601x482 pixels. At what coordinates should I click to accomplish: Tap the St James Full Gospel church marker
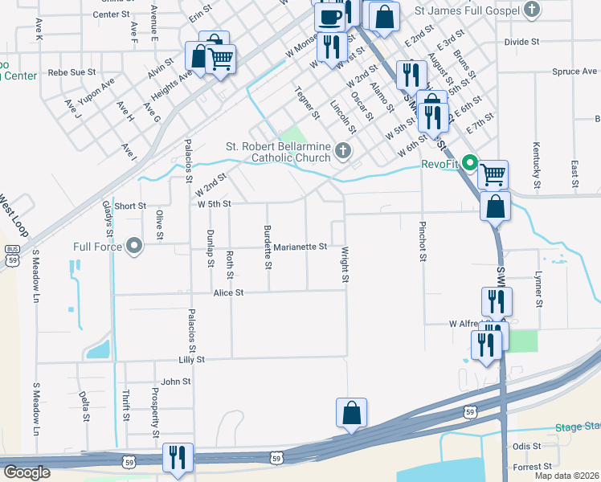click(x=532, y=10)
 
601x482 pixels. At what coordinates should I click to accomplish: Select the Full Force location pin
click(x=134, y=246)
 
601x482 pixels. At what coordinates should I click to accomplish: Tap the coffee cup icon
click(x=329, y=16)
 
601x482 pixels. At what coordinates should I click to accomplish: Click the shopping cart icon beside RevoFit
click(x=493, y=173)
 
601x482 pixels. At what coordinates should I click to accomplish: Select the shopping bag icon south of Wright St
click(x=351, y=413)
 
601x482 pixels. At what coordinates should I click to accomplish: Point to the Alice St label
click(x=228, y=293)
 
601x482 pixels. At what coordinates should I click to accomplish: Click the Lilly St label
click(x=192, y=360)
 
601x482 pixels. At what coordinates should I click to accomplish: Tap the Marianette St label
click(x=300, y=247)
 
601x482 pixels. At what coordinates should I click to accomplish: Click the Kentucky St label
click(x=536, y=161)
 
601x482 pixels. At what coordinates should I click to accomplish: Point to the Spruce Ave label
click(x=574, y=71)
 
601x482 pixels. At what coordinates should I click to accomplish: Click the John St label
click(x=175, y=382)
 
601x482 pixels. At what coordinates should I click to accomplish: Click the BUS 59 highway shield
click(x=11, y=251)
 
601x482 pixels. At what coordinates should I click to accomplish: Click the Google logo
click(x=27, y=472)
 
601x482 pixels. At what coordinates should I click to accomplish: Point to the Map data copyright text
click(x=566, y=476)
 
